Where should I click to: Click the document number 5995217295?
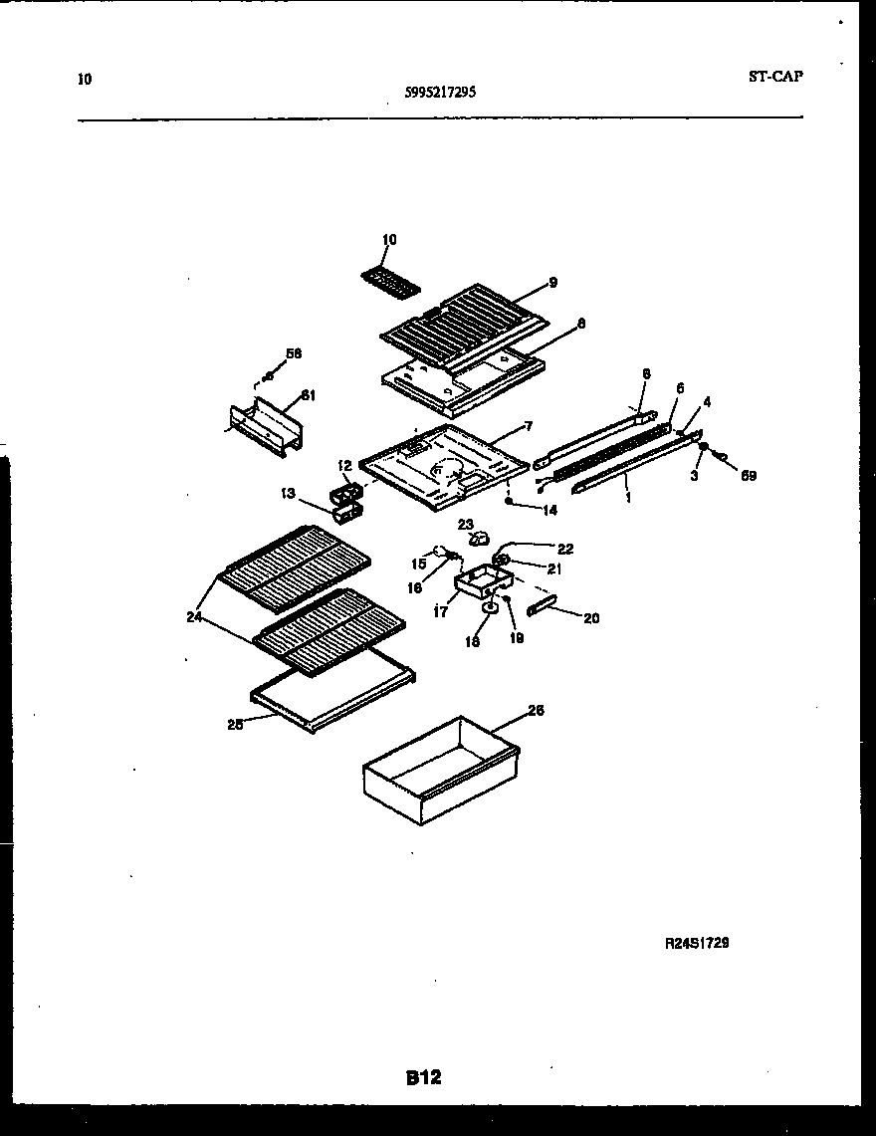pos(440,92)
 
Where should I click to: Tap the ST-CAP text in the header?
pos(774,76)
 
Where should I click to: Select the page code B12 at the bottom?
pos(424,1077)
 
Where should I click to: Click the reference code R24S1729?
pos(697,943)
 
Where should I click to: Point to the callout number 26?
pos(535,711)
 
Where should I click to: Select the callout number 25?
pos(235,724)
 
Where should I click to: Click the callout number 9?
pos(552,283)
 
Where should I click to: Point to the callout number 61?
pos(308,395)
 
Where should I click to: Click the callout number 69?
pos(748,476)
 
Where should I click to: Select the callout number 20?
pos(591,618)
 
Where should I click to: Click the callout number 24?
pos(193,616)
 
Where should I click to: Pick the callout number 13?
pos(289,492)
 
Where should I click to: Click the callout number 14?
pos(548,510)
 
